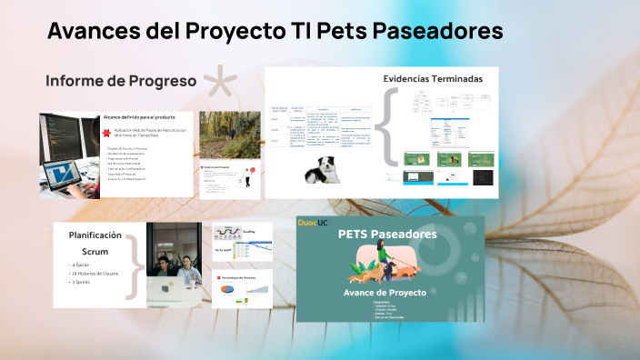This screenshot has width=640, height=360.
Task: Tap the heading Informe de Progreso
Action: pos(122,81)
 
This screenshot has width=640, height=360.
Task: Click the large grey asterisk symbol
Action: pos(224,84)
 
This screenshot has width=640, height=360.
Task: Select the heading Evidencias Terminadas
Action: pos(432,79)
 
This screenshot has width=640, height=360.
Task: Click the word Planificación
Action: pos(96,235)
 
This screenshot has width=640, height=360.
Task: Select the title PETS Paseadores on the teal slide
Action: pos(387,235)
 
